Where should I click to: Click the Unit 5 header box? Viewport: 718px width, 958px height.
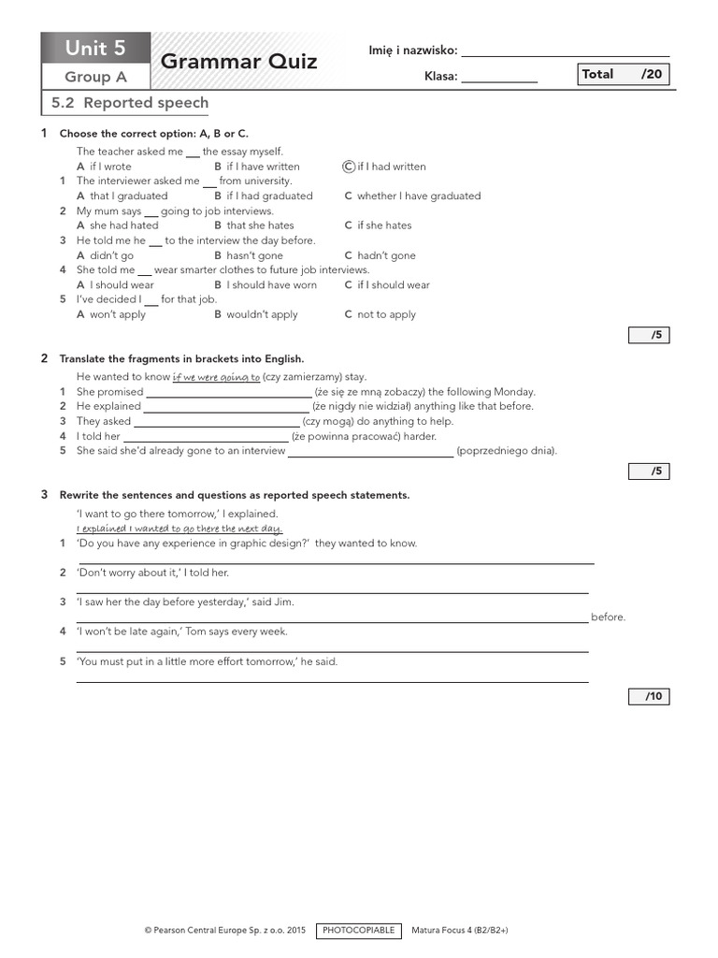click(x=94, y=48)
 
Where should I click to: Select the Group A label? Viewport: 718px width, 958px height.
click(x=94, y=78)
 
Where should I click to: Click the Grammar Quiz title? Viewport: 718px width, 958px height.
click(x=238, y=62)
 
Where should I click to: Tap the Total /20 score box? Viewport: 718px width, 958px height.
click(x=624, y=75)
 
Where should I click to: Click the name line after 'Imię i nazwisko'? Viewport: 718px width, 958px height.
click(x=565, y=51)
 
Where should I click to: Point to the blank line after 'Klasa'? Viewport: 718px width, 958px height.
click(x=499, y=78)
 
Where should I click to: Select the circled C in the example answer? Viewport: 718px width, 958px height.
click(x=349, y=167)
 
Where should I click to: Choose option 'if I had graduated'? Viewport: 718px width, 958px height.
click(x=268, y=196)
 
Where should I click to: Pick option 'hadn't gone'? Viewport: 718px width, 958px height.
click(x=385, y=255)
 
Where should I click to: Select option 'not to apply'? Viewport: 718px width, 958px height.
click(x=385, y=314)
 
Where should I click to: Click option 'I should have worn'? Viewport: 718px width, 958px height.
click(x=271, y=285)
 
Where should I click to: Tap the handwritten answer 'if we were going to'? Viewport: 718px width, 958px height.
click(x=216, y=377)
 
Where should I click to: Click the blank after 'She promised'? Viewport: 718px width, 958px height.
click(x=228, y=393)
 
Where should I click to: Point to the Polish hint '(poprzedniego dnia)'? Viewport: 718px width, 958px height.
click(x=507, y=451)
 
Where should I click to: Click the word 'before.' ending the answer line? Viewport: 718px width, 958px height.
click(x=608, y=617)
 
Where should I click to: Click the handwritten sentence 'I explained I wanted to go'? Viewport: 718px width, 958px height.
click(x=179, y=529)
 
